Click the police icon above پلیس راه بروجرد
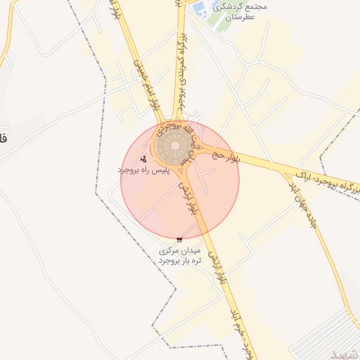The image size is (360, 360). tap(144, 159)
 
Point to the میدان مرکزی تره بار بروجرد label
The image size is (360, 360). tap(181, 255)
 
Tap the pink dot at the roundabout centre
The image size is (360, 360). tap(174, 146)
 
